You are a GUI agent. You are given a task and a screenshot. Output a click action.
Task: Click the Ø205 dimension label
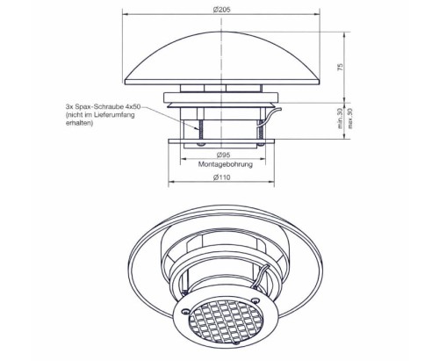[x=221, y=10]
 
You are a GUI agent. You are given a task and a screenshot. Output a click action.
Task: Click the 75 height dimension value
[x=340, y=67]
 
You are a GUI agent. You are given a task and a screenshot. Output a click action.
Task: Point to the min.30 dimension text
[x=340, y=119]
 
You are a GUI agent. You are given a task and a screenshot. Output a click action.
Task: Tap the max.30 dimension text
[x=349, y=119]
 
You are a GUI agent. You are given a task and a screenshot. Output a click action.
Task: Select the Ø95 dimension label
[x=223, y=155]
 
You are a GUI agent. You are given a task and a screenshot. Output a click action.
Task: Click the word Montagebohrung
[x=226, y=164]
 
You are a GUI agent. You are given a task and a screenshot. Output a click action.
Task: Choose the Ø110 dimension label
[x=221, y=177]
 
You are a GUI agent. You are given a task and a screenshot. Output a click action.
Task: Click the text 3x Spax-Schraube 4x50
[x=103, y=106]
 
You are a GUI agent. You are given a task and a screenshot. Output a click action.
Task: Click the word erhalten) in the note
[x=79, y=123]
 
